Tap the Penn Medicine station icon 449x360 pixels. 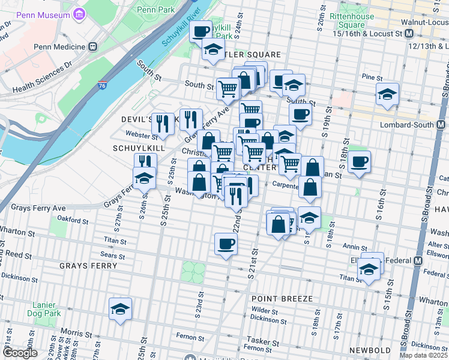coord(92,46)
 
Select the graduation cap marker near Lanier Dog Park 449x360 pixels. coord(120,309)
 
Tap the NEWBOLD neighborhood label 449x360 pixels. coord(370,350)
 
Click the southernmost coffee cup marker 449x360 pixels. coord(226,244)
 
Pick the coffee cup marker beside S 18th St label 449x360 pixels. coord(359,161)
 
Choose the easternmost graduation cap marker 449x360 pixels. coord(388,94)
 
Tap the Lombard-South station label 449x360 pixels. coord(418,125)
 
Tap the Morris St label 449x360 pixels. coord(71,332)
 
